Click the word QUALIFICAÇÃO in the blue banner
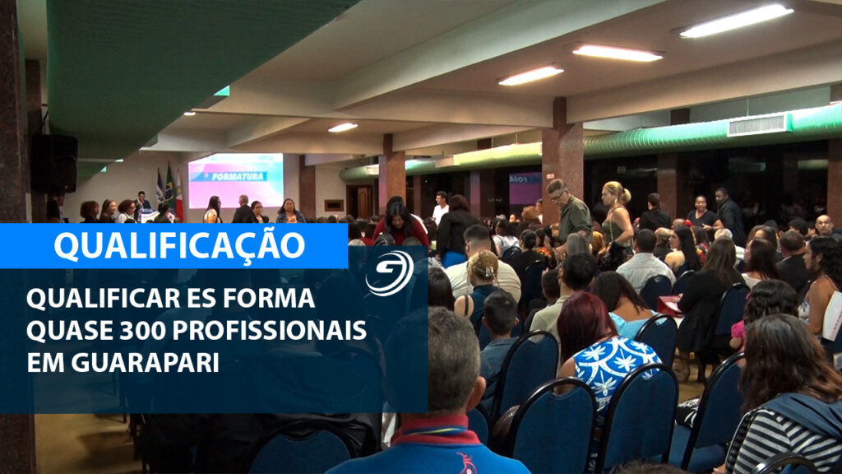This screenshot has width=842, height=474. [x=179, y=244]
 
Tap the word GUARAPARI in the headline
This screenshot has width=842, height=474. [x=145, y=363]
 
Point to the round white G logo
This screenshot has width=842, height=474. [x=389, y=273]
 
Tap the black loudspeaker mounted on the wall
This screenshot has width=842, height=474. [x=54, y=164]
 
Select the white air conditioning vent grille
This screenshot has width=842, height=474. [x=757, y=125]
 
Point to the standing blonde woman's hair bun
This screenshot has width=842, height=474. [x=625, y=195]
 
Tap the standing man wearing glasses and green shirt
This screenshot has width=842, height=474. [x=569, y=211]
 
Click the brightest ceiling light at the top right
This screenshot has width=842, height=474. [x=736, y=21]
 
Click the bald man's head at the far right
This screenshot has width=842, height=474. [x=823, y=224]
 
